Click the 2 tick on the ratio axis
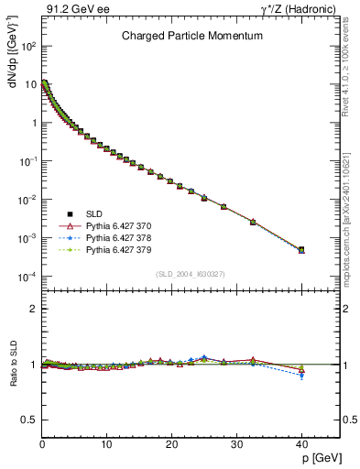[x=33, y=309]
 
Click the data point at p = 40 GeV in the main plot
[x=301, y=249]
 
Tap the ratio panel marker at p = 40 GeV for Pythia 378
[x=301, y=376]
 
